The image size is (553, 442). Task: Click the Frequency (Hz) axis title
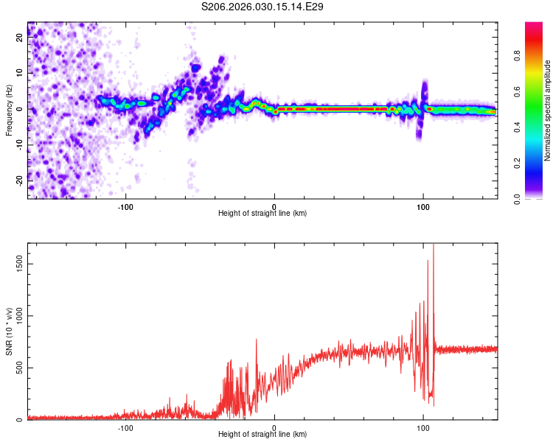(9, 110)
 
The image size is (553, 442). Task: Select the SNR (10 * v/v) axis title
(9, 331)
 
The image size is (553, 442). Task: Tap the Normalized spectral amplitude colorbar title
(548, 110)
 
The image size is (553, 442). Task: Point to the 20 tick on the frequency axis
(20, 39)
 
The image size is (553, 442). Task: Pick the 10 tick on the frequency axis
(20, 74)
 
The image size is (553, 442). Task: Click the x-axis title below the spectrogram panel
(262, 213)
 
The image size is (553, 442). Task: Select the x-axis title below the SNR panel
(262, 435)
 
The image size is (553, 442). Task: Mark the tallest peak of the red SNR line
(434, 245)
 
